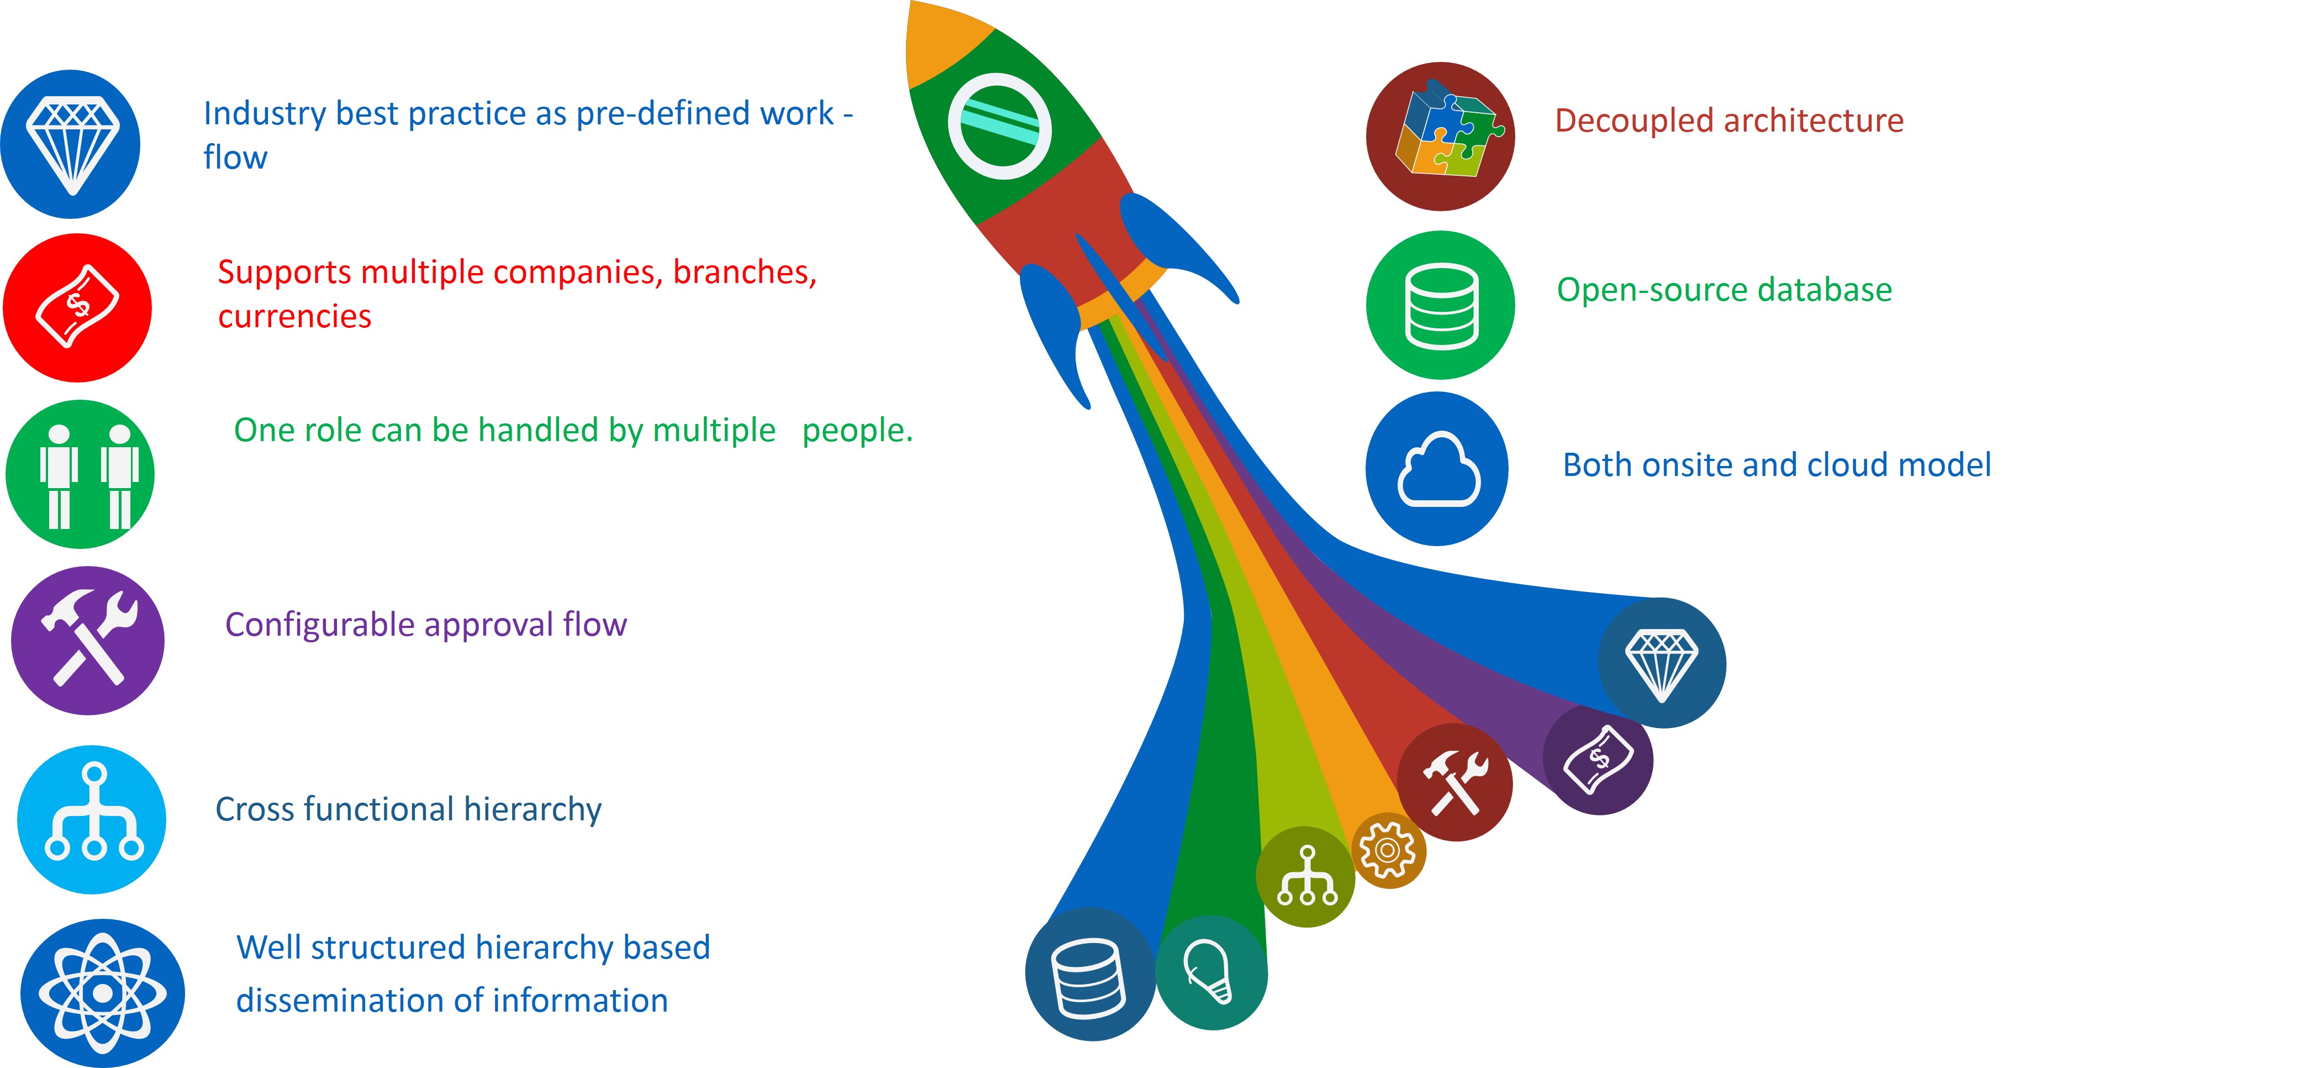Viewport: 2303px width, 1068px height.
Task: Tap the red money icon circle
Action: point(78,308)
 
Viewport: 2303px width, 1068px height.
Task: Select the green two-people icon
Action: point(81,474)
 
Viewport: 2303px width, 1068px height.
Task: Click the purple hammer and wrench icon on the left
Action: point(88,641)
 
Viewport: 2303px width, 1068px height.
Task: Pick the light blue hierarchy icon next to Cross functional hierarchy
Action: point(92,819)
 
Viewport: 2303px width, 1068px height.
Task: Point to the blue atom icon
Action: point(103,993)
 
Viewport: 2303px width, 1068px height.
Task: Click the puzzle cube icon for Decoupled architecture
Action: point(1440,136)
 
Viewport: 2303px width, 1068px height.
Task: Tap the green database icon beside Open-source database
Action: point(1440,305)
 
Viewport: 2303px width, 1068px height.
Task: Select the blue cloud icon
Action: point(1437,469)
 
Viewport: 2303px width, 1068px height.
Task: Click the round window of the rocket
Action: point(999,126)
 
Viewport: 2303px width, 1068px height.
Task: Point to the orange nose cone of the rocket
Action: point(943,40)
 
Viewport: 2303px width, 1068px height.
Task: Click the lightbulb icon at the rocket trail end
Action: point(1211,972)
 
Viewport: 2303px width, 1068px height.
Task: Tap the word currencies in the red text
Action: point(294,317)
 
